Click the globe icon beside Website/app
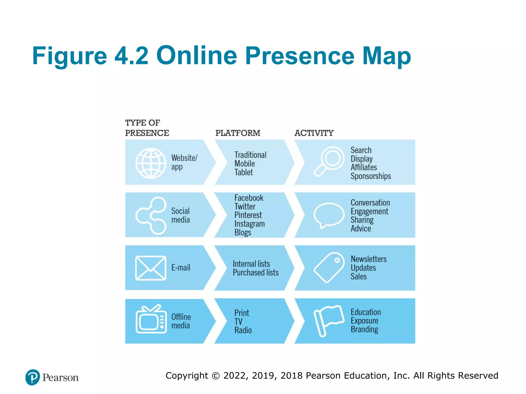[x=151, y=163]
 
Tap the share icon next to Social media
[x=151, y=215]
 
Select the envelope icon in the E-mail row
[x=151, y=268]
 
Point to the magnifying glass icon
[x=329, y=161]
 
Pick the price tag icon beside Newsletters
[x=329, y=267]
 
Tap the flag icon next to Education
[x=328, y=320]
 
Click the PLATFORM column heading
[x=238, y=133]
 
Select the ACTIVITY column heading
[x=314, y=133]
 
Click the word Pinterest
[x=248, y=215]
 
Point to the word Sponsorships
[x=371, y=176]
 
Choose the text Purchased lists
[x=256, y=272]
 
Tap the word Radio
[x=243, y=330]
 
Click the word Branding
[x=364, y=329]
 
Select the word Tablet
[x=243, y=172]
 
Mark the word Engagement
[x=369, y=211]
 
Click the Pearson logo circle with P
[x=33, y=377]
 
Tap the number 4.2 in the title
[x=131, y=56]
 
